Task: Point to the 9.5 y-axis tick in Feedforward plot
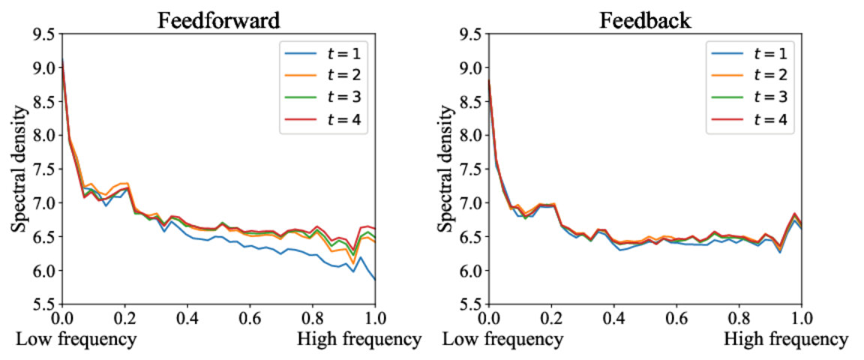pos(45,34)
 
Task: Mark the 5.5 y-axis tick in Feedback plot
pos(471,304)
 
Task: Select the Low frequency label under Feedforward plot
pos(76,340)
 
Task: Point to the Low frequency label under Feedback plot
pos(502,340)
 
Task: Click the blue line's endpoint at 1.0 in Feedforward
pos(376,280)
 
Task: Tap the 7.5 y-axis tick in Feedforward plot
pos(45,169)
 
